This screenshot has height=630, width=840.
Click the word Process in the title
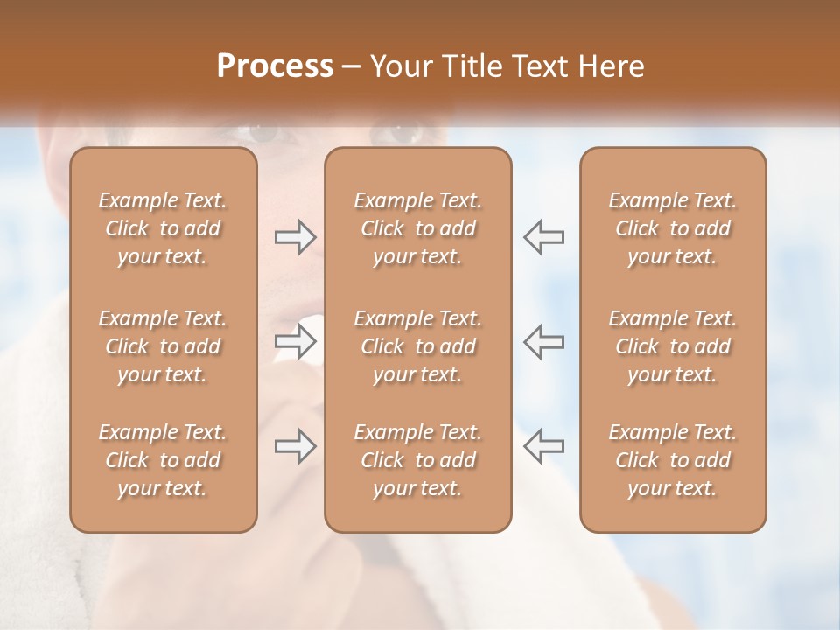pos(275,66)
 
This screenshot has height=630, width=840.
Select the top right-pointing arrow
pos(296,237)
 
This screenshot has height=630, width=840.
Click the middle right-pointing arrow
pos(296,340)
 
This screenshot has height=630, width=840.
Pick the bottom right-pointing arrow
pos(296,445)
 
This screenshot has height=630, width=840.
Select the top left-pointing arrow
pos(543,237)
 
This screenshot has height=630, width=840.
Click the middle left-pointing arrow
pos(543,340)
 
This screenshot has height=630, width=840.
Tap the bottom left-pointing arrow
pos(543,445)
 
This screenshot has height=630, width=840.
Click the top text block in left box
pos(163,228)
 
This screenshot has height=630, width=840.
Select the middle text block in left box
pos(163,346)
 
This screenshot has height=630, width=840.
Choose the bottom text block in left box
pos(163,460)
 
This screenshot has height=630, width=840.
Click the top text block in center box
pos(417,228)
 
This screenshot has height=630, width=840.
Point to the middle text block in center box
pos(417,346)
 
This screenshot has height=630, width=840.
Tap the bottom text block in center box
pos(417,460)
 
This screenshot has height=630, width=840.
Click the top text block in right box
pos(672,228)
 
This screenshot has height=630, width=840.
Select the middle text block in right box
pos(672,346)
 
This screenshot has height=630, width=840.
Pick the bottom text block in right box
pos(672,460)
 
